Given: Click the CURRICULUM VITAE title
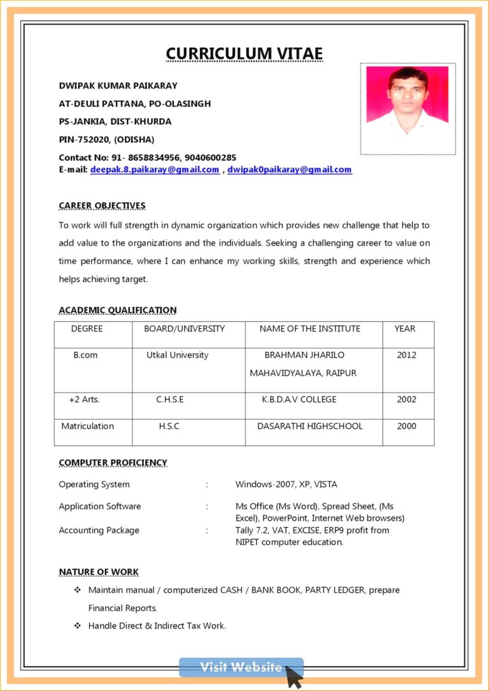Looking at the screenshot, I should pyautogui.click(x=244, y=54).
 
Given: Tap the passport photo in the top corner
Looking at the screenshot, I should pyautogui.click(x=407, y=108).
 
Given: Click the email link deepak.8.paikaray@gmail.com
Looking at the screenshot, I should pyautogui.click(x=155, y=170).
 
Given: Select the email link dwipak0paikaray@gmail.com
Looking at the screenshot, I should pyautogui.click(x=290, y=170).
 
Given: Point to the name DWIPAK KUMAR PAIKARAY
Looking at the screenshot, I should pyautogui.click(x=118, y=85).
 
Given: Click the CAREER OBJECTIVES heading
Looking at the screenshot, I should pyautogui.click(x=102, y=205).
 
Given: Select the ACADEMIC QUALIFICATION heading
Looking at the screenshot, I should pyautogui.click(x=117, y=310).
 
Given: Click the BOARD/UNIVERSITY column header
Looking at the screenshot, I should pyautogui.click(x=184, y=329).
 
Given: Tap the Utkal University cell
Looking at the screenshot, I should pyautogui.click(x=177, y=355).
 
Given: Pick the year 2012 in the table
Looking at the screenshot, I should pyautogui.click(x=406, y=355).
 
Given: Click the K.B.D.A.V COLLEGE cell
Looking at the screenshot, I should pyautogui.click(x=299, y=400).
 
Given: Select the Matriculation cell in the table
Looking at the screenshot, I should pyautogui.click(x=87, y=426).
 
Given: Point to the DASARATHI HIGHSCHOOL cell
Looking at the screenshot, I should pyautogui.click(x=309, y=426).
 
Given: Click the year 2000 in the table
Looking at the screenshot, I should pyautogui.click(x=406, y=426).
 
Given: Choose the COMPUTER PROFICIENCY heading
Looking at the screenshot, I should pyautogui.click(x=113, y=463).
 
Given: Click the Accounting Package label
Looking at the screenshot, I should pyautogui.click(x=99, y=530).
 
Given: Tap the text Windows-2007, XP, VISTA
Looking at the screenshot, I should pyautogui.click(x=286, y=484).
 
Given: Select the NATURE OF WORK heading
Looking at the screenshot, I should pyautogui.click(x=99, y=572).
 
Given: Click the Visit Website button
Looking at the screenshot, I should pyautogui.click(x=241, y=667).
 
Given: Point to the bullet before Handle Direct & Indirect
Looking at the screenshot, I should pyautogui.click(x=78, y=626).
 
